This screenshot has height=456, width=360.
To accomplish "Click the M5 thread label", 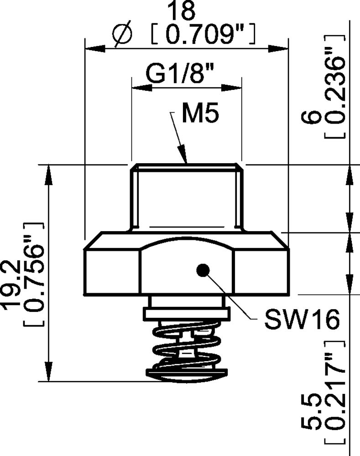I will pyautogui.click(x=200, y=114).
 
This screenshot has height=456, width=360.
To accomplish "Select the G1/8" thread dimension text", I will pyautogui.click(x=180, y=74).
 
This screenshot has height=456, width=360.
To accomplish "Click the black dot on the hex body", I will pyautogui.click(x=202, y=270).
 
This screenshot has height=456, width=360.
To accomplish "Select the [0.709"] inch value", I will pyautogui.click(x=202, y=35).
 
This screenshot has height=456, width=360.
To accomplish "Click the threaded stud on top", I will pyautogui.click(x=186, y=196).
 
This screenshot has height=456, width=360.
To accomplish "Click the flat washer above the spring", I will pyautogui.click(x=186, y=314).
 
